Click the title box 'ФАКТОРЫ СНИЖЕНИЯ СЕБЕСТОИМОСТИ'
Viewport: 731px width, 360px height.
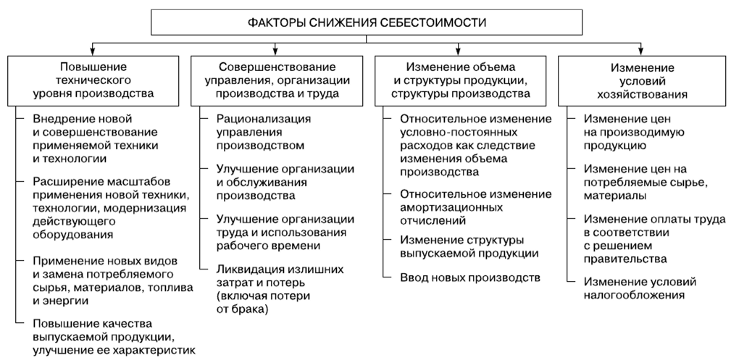(367, 22)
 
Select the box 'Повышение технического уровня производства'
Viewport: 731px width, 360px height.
(93, 80)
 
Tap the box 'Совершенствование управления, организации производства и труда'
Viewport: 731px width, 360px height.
(277, 80)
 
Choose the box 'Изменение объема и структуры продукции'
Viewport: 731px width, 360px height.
(460, 80)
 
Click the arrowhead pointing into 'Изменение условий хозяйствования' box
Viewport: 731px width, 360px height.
(641, 51)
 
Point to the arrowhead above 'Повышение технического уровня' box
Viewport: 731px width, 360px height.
(93, 51)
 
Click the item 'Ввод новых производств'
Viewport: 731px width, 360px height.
(470, 278)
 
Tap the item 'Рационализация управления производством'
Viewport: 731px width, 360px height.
(264, 132)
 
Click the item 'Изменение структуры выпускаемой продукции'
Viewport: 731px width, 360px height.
(469, 247)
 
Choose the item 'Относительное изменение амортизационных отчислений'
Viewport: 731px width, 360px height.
(475, 206)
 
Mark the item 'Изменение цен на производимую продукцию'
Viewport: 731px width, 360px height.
(634, 132)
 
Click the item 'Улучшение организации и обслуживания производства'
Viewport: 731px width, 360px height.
(285, 182)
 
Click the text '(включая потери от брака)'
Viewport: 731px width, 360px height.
(264, 302)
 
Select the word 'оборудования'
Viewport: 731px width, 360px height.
(72, 234)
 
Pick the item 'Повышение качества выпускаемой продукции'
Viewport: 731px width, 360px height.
(114, 336)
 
